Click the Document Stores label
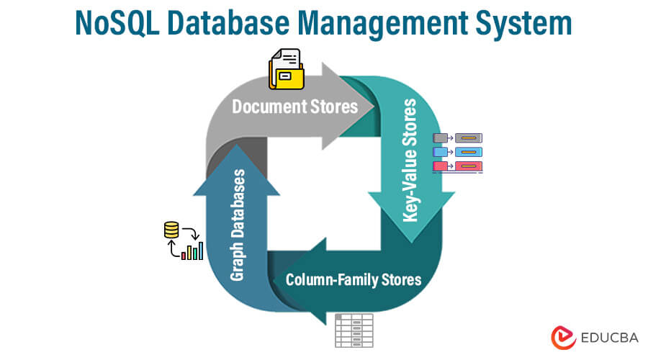click(x=294, y=107)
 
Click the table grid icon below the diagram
click(x=354, y=330)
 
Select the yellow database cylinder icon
click(x=171, y=231)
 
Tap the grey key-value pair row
click(x=457, y=138)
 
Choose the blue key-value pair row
click(x=457, y=152)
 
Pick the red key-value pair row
click(x=457, y=166)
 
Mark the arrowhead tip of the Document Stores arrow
click(x=374, y=107)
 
